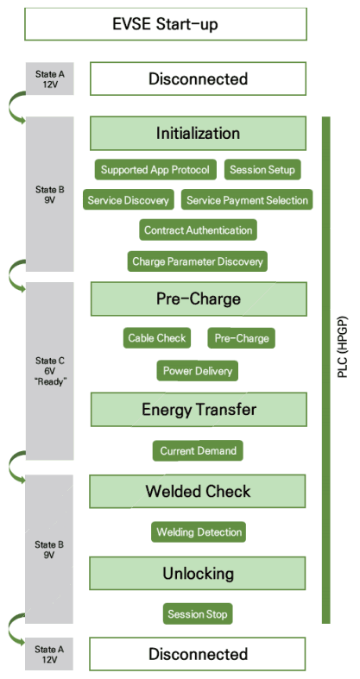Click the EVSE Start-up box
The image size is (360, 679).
166,24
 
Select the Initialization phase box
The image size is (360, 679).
198,133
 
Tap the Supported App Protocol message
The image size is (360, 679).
155,169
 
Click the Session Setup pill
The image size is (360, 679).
262,169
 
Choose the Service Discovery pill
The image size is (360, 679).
129,200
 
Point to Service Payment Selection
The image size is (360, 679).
247,200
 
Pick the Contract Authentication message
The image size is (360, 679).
198,230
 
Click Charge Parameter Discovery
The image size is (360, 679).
198,261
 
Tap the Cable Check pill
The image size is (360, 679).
157,337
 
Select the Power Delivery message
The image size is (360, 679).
198,371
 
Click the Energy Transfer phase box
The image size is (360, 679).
199,409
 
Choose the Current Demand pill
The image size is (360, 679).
198,450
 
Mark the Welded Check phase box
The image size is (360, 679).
198,491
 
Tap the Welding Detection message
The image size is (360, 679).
199,531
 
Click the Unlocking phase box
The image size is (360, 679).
198,574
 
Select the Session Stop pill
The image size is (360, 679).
198,613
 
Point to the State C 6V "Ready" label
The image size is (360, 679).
49,371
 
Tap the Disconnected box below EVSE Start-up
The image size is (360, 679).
198,79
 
